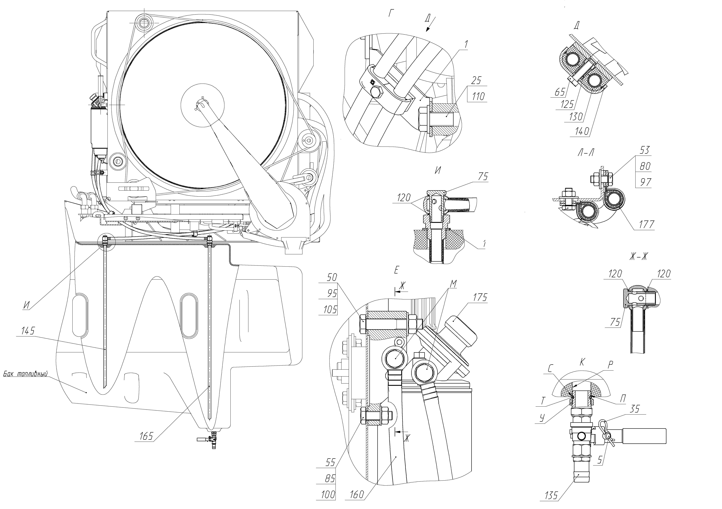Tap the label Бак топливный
25,374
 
